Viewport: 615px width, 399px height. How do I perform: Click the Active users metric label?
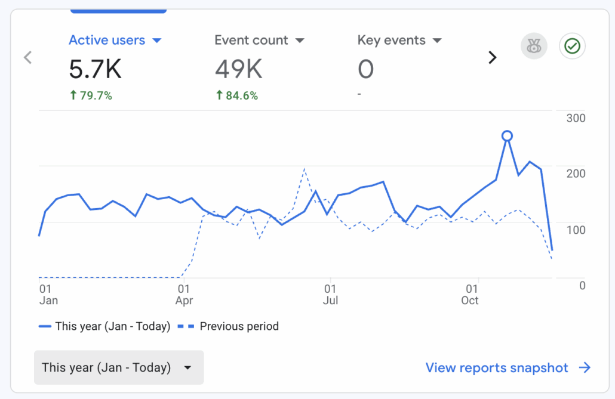pyautogui.click(x=107, y=41)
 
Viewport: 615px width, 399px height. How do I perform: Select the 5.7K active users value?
pyautogui.click(x=95, y=70)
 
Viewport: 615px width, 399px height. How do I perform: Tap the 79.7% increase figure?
pyautogui.click(x=91, y=95)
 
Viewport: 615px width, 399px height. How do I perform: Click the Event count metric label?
pyautogui.click(x=251, y=41)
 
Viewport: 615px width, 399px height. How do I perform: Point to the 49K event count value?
pyautogui.click(x=238, y=70)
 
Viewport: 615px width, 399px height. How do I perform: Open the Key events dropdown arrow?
pyautogui.click(x=438, y=41)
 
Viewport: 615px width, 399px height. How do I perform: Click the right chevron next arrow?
pyautogui.click(x=493, y=57)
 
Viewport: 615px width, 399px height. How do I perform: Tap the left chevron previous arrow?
pyautogui.click(x=27, y=57)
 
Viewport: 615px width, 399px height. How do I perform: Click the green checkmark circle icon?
pyautogui.click(x=572, y=46)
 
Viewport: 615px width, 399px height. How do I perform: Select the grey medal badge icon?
pyautogui.click(x=534, y=46)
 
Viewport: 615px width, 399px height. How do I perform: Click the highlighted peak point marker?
pyautogui.click(x=507, y=136)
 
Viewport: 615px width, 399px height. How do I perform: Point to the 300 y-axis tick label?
pyautogui.click(x=576, y=118)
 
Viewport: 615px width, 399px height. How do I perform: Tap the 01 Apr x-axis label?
pyautogui.click(x=184, y=295)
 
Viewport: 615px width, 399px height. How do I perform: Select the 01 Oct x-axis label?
pyautogui.click(x=471, y=295)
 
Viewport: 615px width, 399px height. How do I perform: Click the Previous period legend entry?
pyautogui.click(x=229, y=326)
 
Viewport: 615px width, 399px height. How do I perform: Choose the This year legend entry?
pyautogui.click(x=104, y=326)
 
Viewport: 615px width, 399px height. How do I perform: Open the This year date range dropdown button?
pyautogui.click(x=119, y=367)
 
